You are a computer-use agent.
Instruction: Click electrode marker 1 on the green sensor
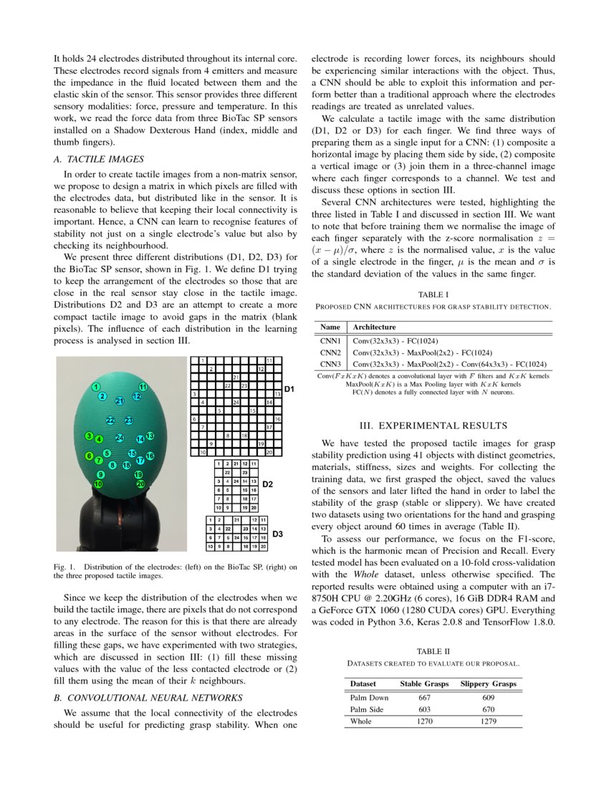[95, 388]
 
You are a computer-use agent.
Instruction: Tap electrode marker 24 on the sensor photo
[120, 438]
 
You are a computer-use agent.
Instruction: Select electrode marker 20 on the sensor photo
[140, 484]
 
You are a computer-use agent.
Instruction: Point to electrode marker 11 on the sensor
[143, 388]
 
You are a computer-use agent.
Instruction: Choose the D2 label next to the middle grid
[267, 485]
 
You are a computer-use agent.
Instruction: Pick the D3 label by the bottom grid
[279, 534]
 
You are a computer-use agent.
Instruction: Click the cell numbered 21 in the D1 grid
[236, 377]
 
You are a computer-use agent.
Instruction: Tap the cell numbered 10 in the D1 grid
[203, 453]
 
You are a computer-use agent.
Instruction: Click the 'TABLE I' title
[433, 294]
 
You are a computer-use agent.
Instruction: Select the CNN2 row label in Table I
[330, 352]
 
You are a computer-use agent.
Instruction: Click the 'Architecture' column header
[379, 327]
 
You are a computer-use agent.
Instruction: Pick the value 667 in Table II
[425, 697]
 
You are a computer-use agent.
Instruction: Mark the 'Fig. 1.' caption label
[65, 568]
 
